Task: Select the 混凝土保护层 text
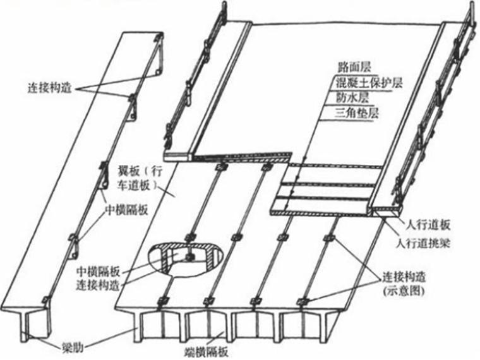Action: point(369,83)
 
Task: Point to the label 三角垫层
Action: point(357,114)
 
